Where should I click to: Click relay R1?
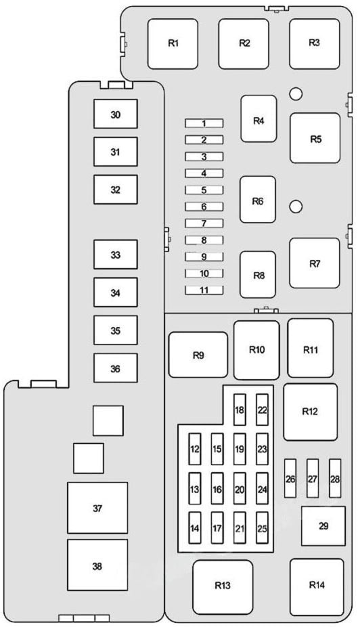pos(173,43)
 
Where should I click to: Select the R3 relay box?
pos(315,43)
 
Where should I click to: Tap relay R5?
pos(315,138)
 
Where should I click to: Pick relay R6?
pos(258,199)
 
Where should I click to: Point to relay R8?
pos(258,274)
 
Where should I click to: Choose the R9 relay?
pos(198,355)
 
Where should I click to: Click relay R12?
pos(311,412)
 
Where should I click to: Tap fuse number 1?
pos(204,123)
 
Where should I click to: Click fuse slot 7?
pos(204,223)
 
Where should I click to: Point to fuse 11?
pos(204,290)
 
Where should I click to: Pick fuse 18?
pos(240,410)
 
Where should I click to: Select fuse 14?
pos(195,528)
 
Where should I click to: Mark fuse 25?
pos(262,528)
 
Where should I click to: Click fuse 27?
pos(313,478)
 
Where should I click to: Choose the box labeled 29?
pos(323,526)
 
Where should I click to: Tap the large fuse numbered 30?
pos(116,114)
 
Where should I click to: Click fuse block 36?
pos(116,368)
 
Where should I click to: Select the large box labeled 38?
pos(97,565)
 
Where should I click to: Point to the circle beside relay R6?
pos(296,207)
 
